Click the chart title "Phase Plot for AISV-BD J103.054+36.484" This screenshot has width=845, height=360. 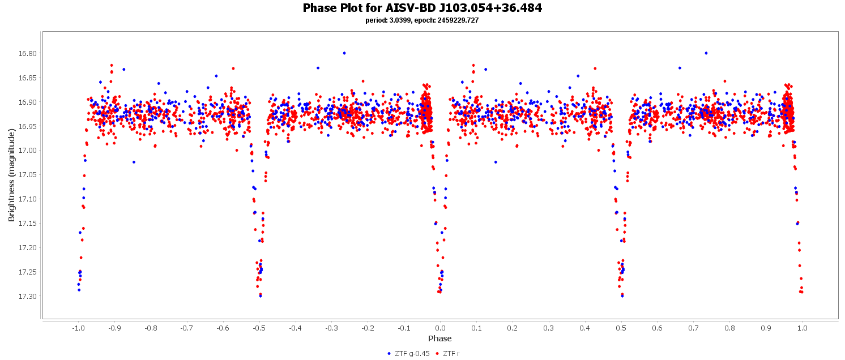(422, 8)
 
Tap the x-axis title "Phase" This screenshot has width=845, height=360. (439, 338)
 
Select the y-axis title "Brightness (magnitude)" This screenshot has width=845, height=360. (11, 174)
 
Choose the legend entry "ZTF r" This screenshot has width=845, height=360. (451, 354)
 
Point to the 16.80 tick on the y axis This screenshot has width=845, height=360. (28, 54)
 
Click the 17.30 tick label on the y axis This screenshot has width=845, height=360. (28, 296)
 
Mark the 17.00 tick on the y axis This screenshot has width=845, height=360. (28, 151)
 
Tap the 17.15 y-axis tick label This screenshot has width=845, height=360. (28, 224)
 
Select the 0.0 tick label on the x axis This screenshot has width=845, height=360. (440, 328)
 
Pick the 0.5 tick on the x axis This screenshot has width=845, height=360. (621, 328)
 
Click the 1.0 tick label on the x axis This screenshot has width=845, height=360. (802, 328)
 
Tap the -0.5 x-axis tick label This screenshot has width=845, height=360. (259, 328)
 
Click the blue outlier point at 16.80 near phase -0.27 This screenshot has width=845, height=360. (344, 53)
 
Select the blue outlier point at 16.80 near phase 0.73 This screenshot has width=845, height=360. (706, 53)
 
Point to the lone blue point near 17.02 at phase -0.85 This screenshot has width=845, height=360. (134, 162)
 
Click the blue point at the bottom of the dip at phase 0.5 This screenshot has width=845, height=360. (622, 295)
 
